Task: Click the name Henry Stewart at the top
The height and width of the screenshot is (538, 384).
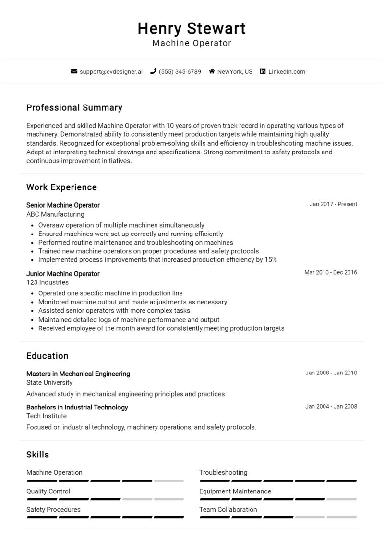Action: pyautogui.click(x=192, y=28)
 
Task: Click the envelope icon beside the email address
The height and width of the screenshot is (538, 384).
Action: pyautogui.click(x=74, y=71)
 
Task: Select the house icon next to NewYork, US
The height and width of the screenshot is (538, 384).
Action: pyautogui.click(x=212, y=71)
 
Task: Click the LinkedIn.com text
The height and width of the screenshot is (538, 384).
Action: pyautogui.click(x=287, y=71)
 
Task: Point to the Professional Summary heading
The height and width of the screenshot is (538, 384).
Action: pyautogui.click(x=74, y=108)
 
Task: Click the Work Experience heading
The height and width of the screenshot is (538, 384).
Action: pyautogui.click(x=61, y=187)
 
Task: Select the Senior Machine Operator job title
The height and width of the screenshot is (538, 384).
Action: pyautogui.click(x=63, y=205)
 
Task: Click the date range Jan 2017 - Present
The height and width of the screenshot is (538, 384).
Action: pyautogui.click(x=333, y=204)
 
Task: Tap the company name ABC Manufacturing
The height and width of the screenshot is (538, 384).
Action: pyautogui.click(x=55, y=214)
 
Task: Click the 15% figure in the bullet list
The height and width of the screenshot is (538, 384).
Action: pyautogui.click(x=271, y=260)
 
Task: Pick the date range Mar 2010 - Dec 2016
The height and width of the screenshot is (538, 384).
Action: pyautogui.click(x=331, y=272)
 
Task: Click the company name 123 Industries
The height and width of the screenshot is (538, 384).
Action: pyautogui.click(x=48, y=282)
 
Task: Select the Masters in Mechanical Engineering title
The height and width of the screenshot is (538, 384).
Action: pyautogui.click(x=78, y=374)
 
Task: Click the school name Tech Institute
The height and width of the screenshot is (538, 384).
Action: pyautogui.click(x=47, y=416)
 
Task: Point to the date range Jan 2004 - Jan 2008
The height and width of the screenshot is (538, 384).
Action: pyautogui.click(x=331, y=407)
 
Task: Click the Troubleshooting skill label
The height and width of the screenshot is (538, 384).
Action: pyautogui.click(x=223, y=473)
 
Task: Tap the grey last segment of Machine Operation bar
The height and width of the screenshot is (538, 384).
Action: pyautogui.click(x=169, y=480)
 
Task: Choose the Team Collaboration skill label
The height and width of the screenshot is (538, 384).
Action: pyautogui.click(x=228, y=510)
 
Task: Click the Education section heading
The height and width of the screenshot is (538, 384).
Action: pyautogui.click(x=48, y=356)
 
